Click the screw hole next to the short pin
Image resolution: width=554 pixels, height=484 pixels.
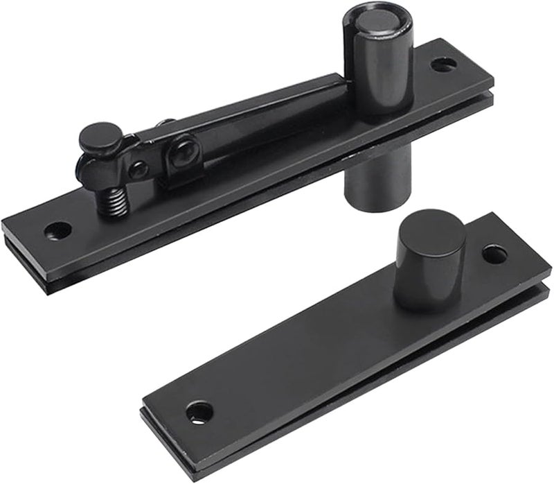494,254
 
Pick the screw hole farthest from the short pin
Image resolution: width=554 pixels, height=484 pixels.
199,412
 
